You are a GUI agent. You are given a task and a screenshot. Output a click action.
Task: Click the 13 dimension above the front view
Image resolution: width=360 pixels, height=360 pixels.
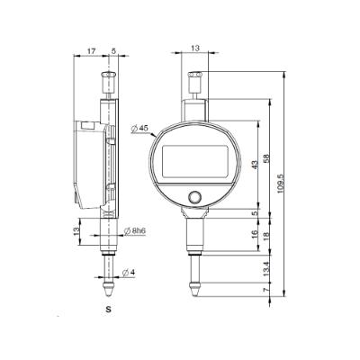(196, 52)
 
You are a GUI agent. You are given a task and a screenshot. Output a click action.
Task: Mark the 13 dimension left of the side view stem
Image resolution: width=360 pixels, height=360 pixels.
(76, 232)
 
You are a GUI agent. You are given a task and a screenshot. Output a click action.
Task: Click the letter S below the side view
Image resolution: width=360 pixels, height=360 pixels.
(107, 310)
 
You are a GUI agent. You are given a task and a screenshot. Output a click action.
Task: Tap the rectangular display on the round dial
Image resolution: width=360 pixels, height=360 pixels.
(195, 165)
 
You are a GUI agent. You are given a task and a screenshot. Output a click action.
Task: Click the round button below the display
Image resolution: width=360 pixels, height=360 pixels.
(195, 197)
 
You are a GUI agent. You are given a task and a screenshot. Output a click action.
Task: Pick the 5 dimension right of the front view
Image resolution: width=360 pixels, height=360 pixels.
(255, 213)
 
